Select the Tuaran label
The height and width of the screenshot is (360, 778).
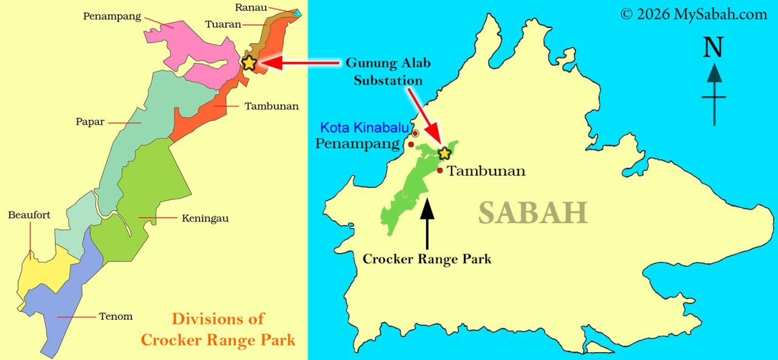click(223, 24)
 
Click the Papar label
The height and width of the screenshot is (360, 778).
click(90, 122)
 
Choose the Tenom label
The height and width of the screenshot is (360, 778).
click(115, 316)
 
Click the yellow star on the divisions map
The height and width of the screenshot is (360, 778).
click(249, 62)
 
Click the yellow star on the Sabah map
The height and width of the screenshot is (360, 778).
click(444, 153)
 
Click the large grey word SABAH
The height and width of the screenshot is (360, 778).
click(532, 213)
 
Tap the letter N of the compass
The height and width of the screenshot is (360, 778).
click(713, 49)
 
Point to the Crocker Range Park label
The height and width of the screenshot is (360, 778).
click(427, 259)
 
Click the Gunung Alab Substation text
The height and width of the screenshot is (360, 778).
click(384, 71)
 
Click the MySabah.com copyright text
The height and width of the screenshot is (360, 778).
click(694, 14)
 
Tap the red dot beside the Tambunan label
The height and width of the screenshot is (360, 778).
click(439, 170)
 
